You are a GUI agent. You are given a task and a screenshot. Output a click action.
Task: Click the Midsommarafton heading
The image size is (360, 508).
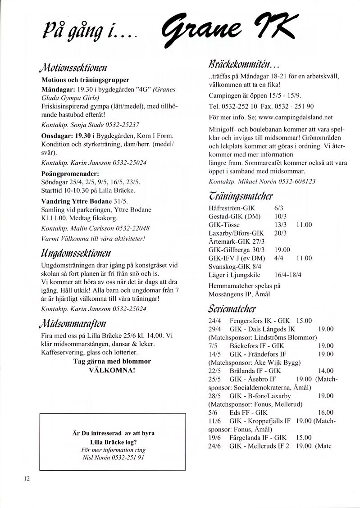73,323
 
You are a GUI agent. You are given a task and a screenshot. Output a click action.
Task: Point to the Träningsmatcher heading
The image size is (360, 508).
241,196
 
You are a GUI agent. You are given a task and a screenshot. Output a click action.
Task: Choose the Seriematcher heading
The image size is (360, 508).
232,309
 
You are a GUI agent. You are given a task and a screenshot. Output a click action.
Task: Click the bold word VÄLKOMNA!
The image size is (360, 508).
112,370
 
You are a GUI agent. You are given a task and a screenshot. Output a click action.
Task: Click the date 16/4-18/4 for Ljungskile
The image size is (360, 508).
287,274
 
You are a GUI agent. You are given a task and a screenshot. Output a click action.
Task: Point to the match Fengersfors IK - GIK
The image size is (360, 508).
259,321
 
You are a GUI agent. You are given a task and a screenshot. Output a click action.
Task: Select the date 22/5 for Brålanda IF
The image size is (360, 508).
214,370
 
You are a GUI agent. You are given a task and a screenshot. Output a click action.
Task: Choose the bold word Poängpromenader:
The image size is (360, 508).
70,173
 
